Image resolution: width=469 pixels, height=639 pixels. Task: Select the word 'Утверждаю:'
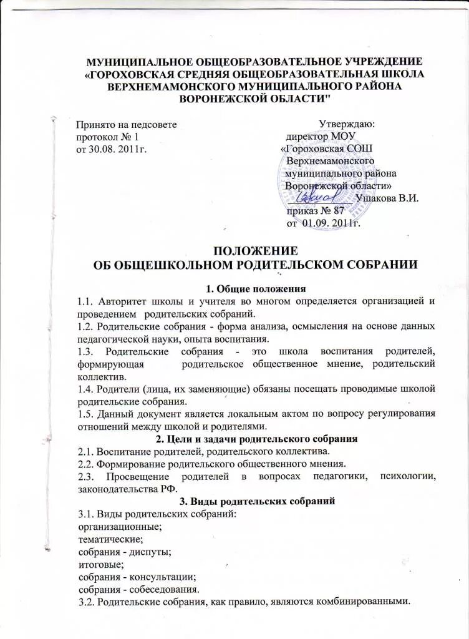346,124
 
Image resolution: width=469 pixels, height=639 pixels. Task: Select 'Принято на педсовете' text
125,124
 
